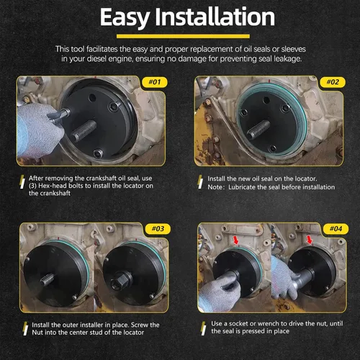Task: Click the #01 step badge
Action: coord(155,82)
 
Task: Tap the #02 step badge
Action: coord(333,82)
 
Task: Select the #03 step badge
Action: coord(158,229)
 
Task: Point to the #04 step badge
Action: coord(336,229)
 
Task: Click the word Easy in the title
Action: coord(125,17)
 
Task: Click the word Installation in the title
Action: coord(215,17)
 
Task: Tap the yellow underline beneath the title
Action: coord(183,36)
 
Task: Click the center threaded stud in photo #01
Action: coord(84,130)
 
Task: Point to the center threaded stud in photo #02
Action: coord(258,130)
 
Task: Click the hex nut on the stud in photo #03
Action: coord(120,281)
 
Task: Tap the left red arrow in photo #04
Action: coord(236,240)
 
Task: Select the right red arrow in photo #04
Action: coord(310,239)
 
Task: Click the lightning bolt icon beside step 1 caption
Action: coord(22,181)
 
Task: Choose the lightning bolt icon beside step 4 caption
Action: coord(204,328)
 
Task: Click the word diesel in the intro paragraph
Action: coord(96,59)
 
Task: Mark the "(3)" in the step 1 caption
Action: coord(32,186)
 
